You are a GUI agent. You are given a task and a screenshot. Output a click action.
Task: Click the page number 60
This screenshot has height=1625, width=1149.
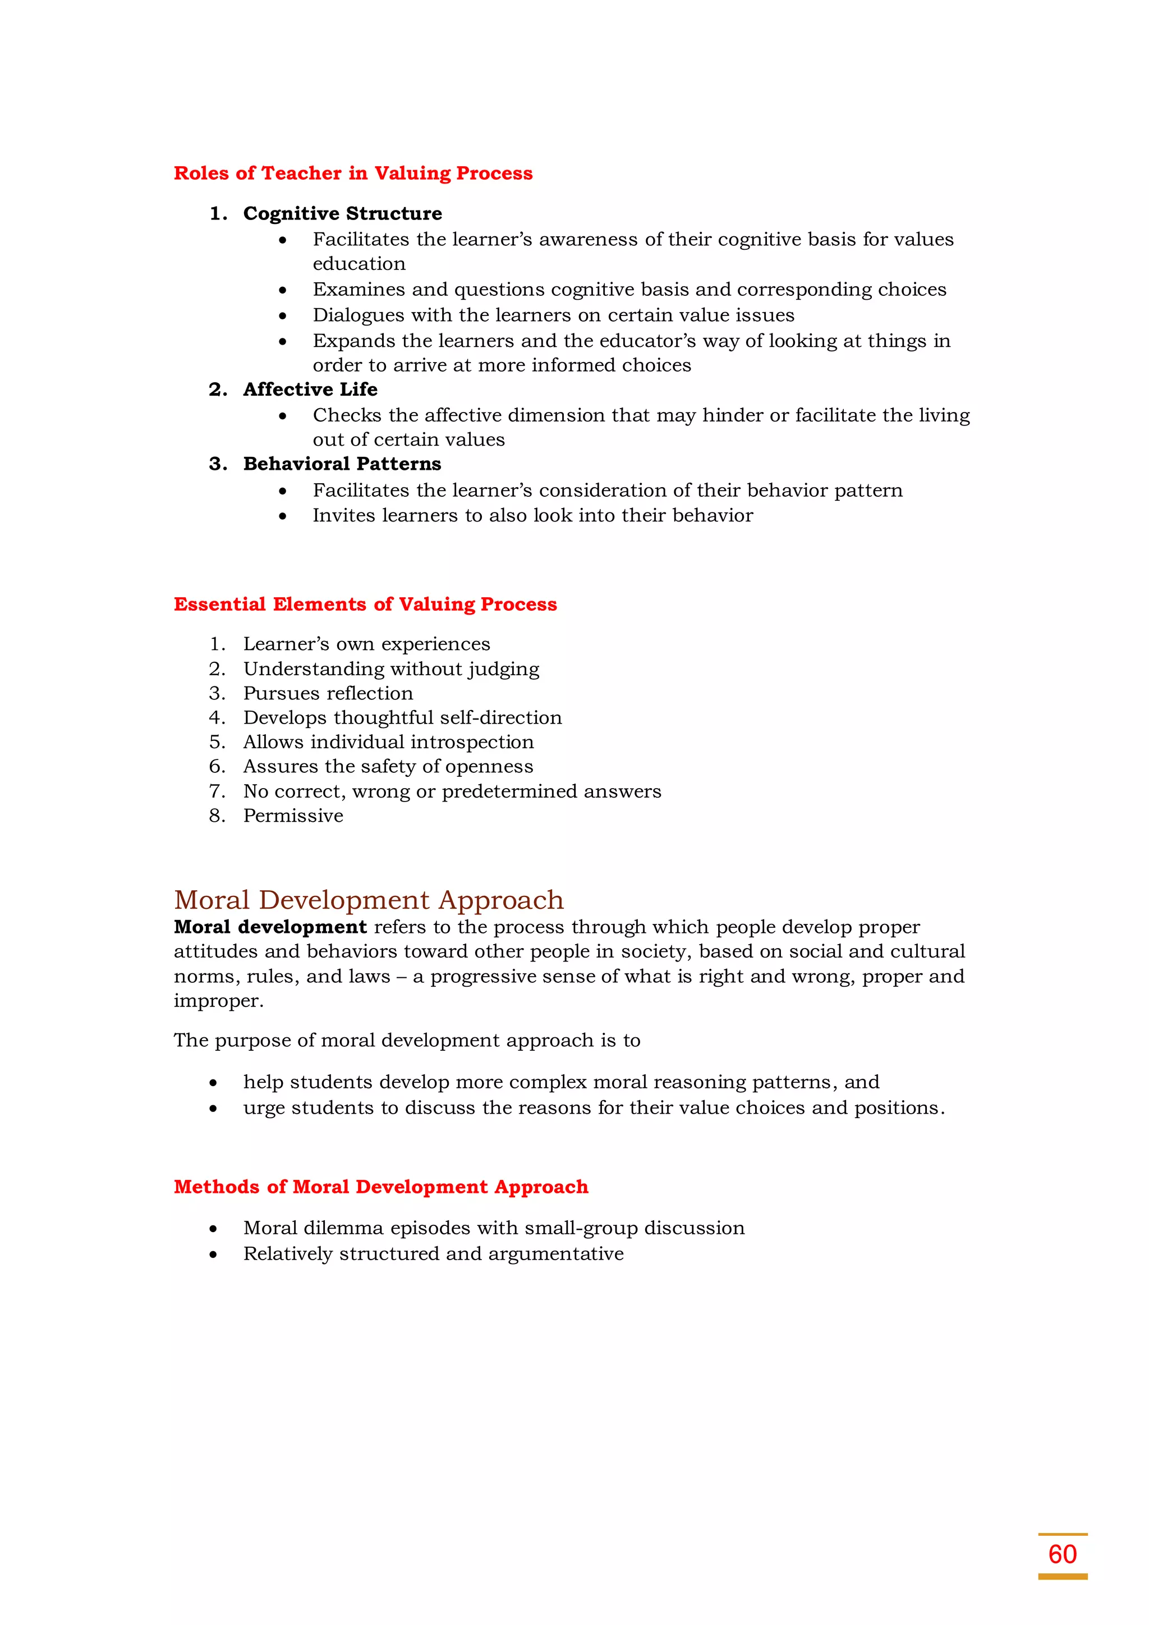tap(1062, 1554)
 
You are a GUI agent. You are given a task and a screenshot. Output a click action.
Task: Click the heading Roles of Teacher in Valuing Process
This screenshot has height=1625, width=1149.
tap(353, 173)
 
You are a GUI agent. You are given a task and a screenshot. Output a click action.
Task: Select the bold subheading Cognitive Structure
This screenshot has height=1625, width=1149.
tap(342, 213)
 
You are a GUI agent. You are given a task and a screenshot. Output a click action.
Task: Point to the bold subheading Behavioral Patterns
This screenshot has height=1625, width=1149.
tap(342, 464)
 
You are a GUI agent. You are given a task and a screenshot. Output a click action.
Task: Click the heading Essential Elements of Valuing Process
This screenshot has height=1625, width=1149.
tap(365, 604)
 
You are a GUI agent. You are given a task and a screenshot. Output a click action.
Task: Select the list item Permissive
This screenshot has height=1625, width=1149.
tap(293, 816)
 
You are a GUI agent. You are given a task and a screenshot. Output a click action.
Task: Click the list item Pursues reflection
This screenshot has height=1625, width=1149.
tap(328, 693)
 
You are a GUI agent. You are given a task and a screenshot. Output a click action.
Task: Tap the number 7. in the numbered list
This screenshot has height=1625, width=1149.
tap(217, 791)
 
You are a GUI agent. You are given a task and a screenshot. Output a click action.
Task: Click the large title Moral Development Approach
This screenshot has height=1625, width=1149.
tap(369, 900)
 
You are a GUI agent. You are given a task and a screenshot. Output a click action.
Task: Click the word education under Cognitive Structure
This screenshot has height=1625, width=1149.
tap(359, 264)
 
